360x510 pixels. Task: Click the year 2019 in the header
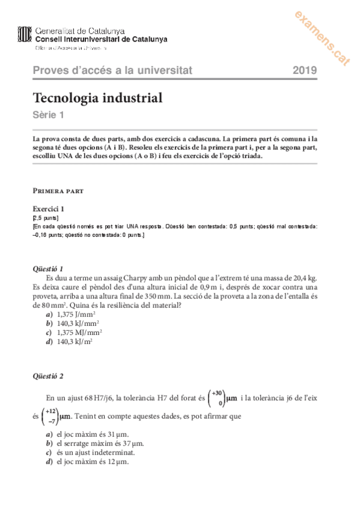[x=305, y=70]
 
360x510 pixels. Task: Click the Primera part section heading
[x=58, y=191]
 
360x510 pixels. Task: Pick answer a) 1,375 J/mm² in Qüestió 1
[x=76, y=314]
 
